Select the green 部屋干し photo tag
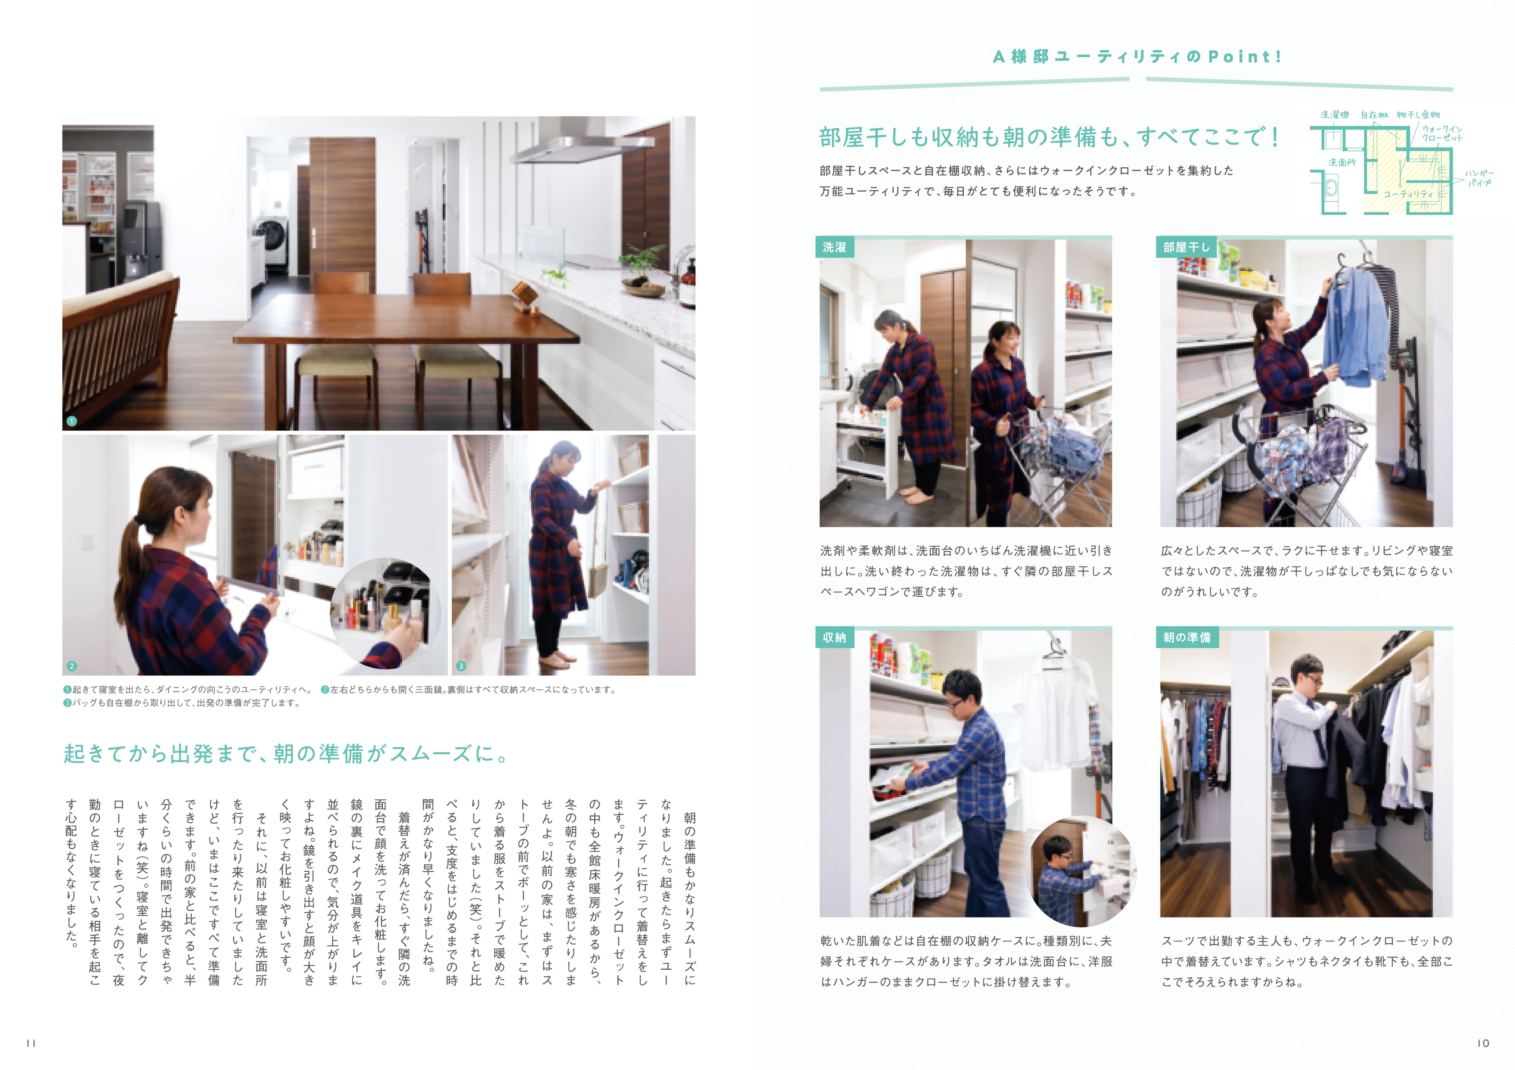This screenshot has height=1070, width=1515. (x=1186, y=247)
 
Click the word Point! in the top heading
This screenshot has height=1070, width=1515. (x=1245, y=57)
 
